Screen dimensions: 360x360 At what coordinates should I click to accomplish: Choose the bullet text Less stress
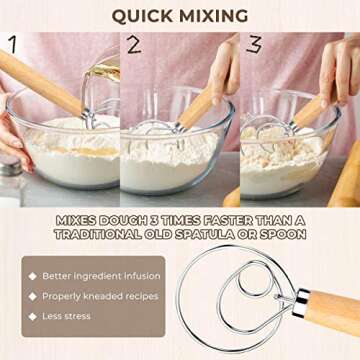65,316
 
